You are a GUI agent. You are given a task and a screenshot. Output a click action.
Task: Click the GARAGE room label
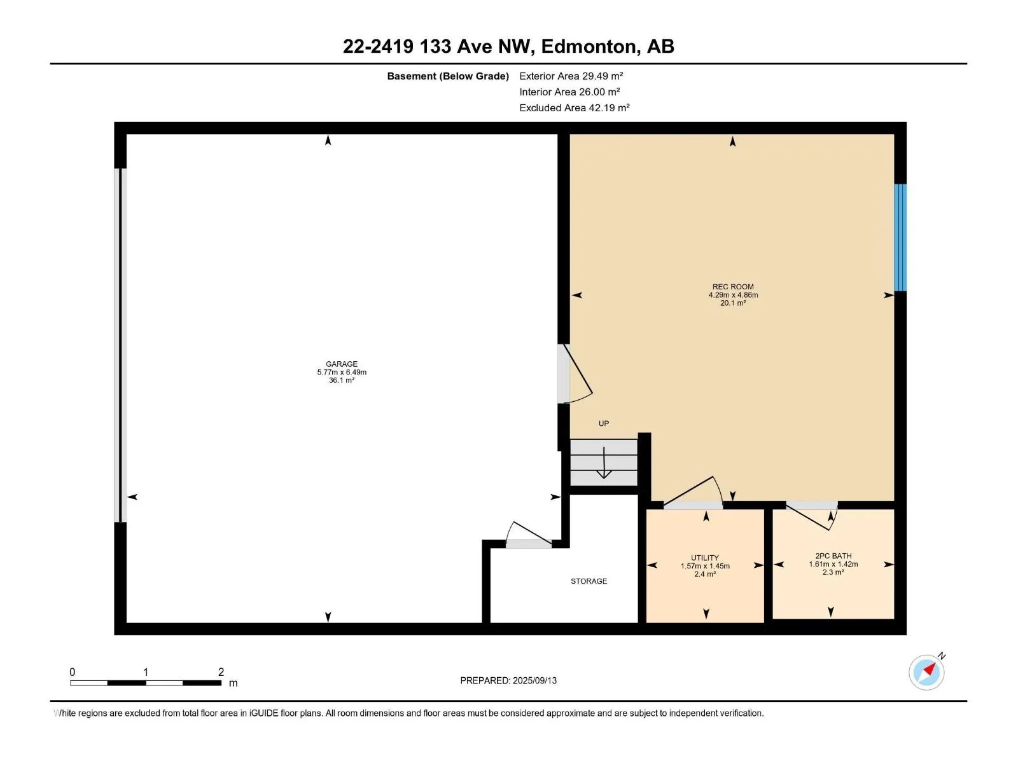click(x=342, y=364)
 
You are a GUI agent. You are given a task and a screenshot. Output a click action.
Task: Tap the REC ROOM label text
click(x=733, y=287)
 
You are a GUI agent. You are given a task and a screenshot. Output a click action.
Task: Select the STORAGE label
click(x=589, y=581)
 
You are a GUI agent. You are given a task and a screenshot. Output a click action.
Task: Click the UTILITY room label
click(x=705, y=558)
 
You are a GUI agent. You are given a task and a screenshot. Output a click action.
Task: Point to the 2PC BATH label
click(x=833, y=556)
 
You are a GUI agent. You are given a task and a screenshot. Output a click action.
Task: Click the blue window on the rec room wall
click(x=900, y=238)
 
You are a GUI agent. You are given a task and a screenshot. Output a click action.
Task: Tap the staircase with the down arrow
click(x=604, y=462)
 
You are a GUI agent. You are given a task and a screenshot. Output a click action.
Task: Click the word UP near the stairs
click(x=604, y=423)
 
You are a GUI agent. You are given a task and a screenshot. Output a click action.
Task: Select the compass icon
click(x=926, y=672)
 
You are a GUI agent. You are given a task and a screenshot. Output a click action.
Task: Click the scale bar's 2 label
click(x=221, y=671)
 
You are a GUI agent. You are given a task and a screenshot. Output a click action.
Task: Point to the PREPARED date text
click(x=508, y=680)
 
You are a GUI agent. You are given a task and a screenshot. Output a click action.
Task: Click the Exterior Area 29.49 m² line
click(x=571, y=76)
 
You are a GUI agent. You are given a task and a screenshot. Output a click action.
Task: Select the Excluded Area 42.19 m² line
click(x=574, y=107)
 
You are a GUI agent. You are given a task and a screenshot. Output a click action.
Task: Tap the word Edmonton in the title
click(x=588, y=46)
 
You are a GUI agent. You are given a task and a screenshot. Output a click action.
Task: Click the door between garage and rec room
click(x=574, y=374)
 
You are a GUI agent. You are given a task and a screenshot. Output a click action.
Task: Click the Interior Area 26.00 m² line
click(x=569, y=92)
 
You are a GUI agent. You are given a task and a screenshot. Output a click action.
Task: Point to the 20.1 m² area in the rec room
click(x=733, y=303)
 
